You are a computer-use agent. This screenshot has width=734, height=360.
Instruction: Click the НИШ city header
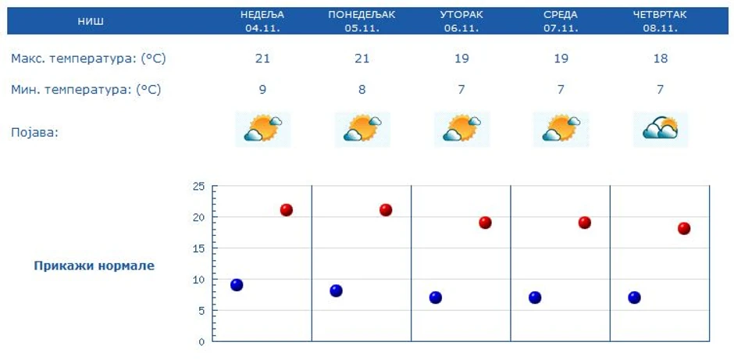(x=91, y=21)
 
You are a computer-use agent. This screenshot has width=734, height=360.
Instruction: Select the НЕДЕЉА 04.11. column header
(x=262, y=21)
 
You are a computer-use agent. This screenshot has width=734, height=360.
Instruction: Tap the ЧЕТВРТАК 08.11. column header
(x=661, y=21)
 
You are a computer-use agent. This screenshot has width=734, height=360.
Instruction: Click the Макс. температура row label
(x=88, y=59)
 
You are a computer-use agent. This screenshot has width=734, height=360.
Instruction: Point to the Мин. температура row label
(x=86, y=90)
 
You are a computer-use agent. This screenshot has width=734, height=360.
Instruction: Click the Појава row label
(x=35, y=132)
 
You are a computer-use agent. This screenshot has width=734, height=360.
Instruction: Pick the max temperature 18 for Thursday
(x=661, y=59)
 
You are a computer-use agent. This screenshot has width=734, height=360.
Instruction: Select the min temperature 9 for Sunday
(x=262, y=90)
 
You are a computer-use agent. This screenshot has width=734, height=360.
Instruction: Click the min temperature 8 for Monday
(x=362, y=90)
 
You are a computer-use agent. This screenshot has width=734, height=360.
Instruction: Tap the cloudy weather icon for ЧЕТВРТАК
(x=661, y=129)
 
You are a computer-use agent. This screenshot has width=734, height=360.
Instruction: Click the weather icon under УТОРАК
(x=461, y=129)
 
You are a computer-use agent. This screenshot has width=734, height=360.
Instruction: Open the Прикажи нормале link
(x=94, y=266)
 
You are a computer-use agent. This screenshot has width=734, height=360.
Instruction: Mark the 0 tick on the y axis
(x=201, y=342)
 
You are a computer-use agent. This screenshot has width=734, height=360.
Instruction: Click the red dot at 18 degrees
(x=684, y=228)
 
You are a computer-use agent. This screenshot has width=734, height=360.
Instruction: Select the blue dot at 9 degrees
(x=237, y=285)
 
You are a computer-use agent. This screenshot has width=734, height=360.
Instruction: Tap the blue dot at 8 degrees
(x=336, y=290)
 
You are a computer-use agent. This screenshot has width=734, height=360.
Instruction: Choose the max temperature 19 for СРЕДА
(x=561, y=59)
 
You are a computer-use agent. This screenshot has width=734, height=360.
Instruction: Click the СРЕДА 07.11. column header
(x=561, y=21)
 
